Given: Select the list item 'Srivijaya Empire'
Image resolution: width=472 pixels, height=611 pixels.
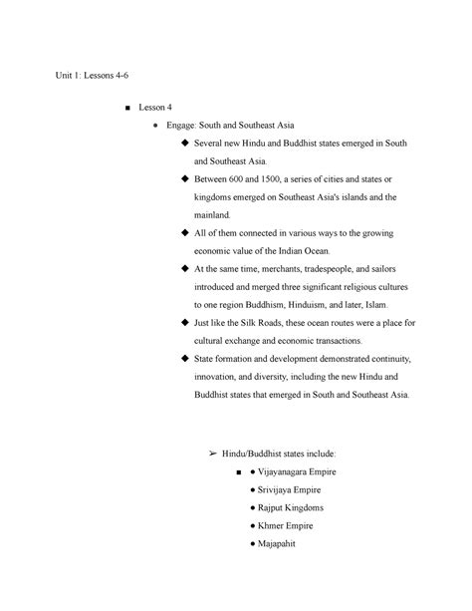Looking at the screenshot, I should click(289, 490).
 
